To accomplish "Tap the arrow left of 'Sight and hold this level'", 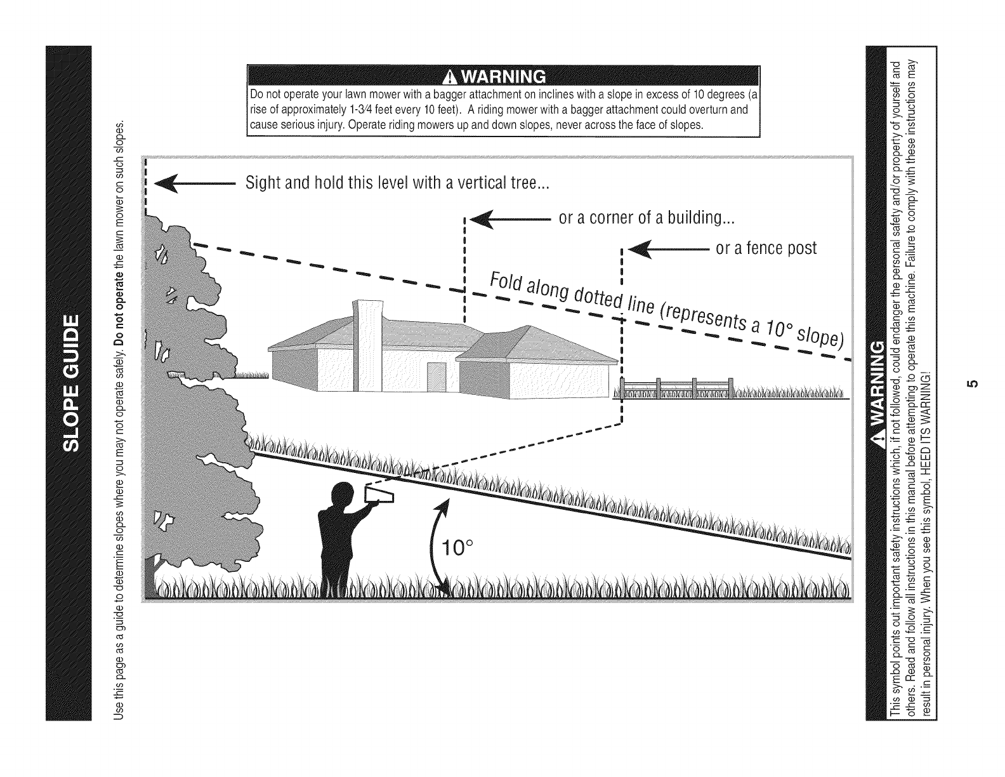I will click(195, 185).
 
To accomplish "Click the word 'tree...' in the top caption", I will click(530, 184).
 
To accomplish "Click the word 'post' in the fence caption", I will click(802, 248).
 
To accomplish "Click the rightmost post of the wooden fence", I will click(731, 387).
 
